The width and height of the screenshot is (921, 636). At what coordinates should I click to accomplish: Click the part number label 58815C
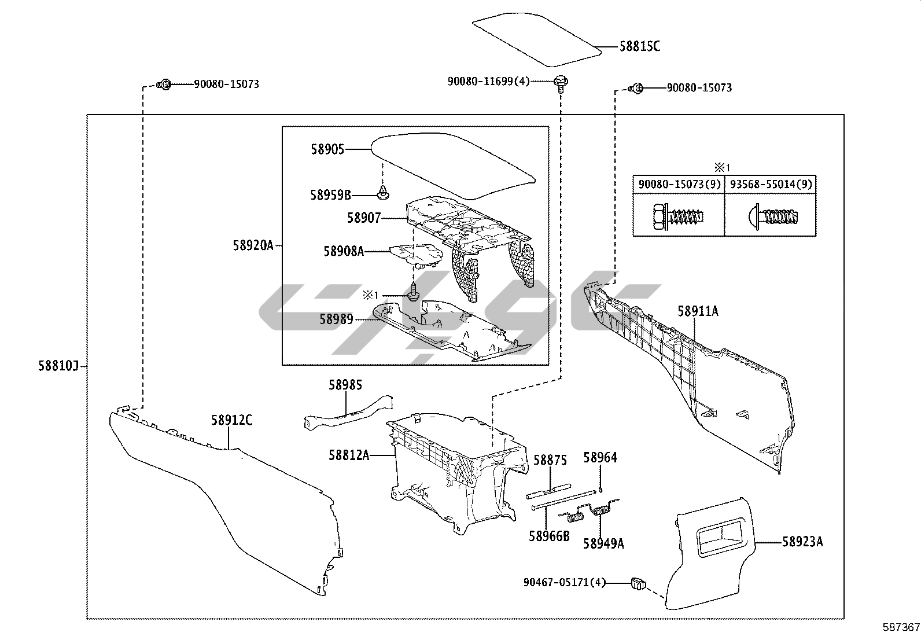639,46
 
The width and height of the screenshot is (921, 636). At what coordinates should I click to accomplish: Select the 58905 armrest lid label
327,149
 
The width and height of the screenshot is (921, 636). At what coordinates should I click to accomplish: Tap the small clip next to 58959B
383,193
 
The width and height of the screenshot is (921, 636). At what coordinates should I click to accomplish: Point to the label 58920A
253,245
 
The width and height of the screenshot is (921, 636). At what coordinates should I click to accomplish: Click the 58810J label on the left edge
58,366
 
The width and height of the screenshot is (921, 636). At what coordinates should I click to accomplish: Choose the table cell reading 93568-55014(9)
771,184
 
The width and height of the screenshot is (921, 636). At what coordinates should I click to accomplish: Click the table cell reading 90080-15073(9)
679,184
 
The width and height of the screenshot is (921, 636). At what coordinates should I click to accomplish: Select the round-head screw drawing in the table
772,216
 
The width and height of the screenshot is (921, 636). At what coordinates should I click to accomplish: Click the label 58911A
698,311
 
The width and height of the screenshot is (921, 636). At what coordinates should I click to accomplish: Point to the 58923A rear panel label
802,542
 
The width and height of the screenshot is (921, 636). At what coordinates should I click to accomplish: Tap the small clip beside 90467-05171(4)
638,583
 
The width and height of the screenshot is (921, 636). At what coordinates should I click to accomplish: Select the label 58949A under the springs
603,543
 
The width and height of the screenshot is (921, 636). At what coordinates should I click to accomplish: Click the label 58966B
549,536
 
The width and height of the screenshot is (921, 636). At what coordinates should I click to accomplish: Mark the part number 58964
601,457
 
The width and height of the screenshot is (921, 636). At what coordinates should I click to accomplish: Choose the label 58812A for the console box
349,455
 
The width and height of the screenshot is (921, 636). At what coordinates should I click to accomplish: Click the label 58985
345,385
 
